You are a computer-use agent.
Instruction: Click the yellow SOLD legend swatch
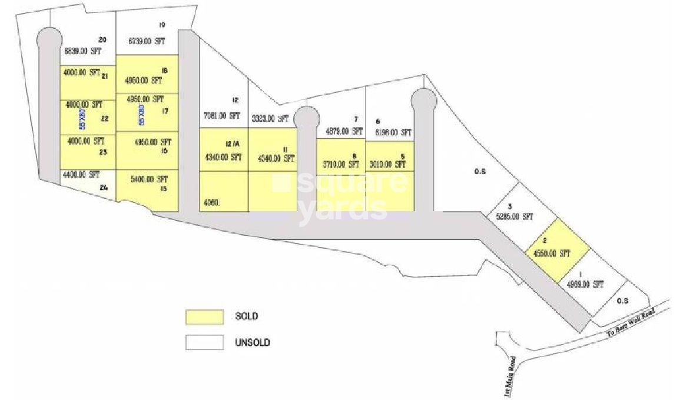click(x=204, y=316)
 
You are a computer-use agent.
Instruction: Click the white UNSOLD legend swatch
click(x=204, y=342)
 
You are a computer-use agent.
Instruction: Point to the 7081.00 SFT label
click(x=221, y=115)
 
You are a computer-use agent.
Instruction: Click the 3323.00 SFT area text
click(x=270, y=119)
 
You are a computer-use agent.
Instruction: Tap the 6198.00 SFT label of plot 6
click(x=392, y=132)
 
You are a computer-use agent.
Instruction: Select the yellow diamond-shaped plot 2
click(x=557, y=249)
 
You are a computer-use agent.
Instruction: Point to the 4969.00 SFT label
click(x=585, y=284)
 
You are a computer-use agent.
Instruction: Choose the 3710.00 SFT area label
click(x=341, y=165)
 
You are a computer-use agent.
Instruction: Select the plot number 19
click(x=162, y=25)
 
